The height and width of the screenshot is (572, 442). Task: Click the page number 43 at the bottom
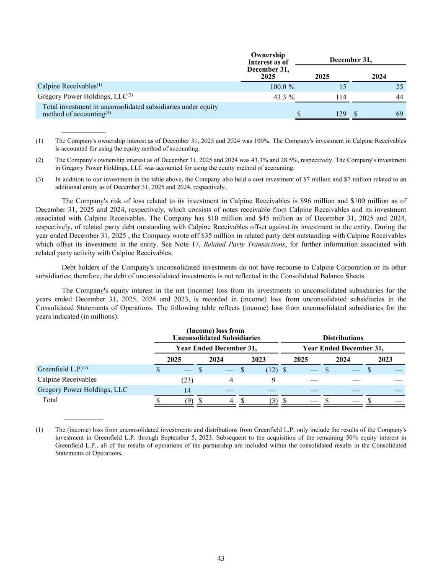pos(221,558)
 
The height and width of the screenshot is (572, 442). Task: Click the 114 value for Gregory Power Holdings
pos(341,97)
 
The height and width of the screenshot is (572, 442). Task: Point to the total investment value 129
pos(341,114)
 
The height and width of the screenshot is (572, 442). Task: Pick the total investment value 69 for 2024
pos(400,114)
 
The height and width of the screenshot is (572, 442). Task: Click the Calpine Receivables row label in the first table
pos(67,86)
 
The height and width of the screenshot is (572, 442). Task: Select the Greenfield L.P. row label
pos(60,369)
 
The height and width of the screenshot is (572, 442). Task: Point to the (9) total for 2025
pos(189,401)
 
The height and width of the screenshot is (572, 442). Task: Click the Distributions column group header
pos(343,338)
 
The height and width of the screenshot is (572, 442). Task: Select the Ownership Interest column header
pos(268,66)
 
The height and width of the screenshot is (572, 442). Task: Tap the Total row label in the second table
pos(50,400)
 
